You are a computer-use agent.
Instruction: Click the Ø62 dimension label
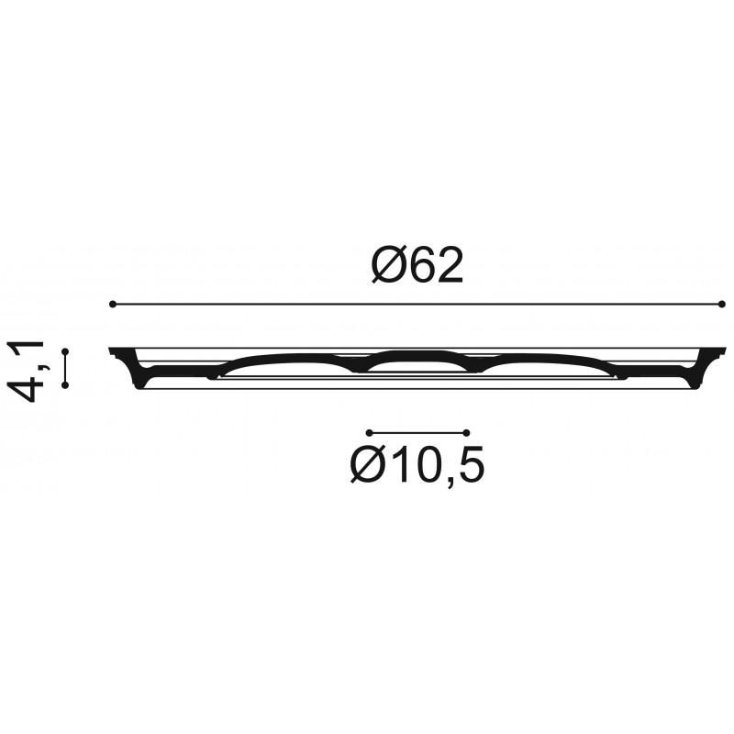coord(417,265)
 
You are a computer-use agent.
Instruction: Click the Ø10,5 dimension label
coord(417,464)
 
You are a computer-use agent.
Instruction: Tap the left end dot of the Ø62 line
coord(112,305)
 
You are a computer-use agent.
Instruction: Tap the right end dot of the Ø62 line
coord(721,305)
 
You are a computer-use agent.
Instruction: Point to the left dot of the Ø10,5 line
coord(370,432)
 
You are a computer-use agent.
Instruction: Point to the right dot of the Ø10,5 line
coord(466,432)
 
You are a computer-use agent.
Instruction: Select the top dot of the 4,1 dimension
coord(65,351)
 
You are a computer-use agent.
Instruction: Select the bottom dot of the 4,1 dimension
coord(65,384)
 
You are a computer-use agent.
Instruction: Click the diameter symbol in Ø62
coord(386,265)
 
